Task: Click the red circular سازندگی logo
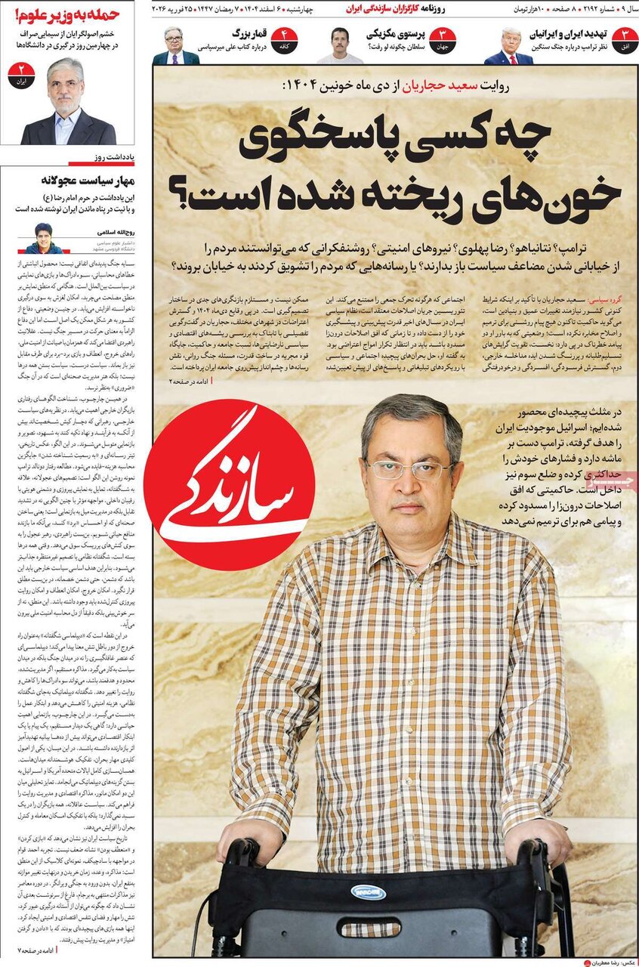[229, 484]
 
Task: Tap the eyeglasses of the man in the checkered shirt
[409, 469]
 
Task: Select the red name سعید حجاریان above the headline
[428, 86]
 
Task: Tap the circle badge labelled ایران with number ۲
[21, 76]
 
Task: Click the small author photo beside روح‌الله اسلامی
[43, 238]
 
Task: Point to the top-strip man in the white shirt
[339, 46]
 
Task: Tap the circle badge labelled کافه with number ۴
[285, 39]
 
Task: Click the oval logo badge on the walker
[368, 892]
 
